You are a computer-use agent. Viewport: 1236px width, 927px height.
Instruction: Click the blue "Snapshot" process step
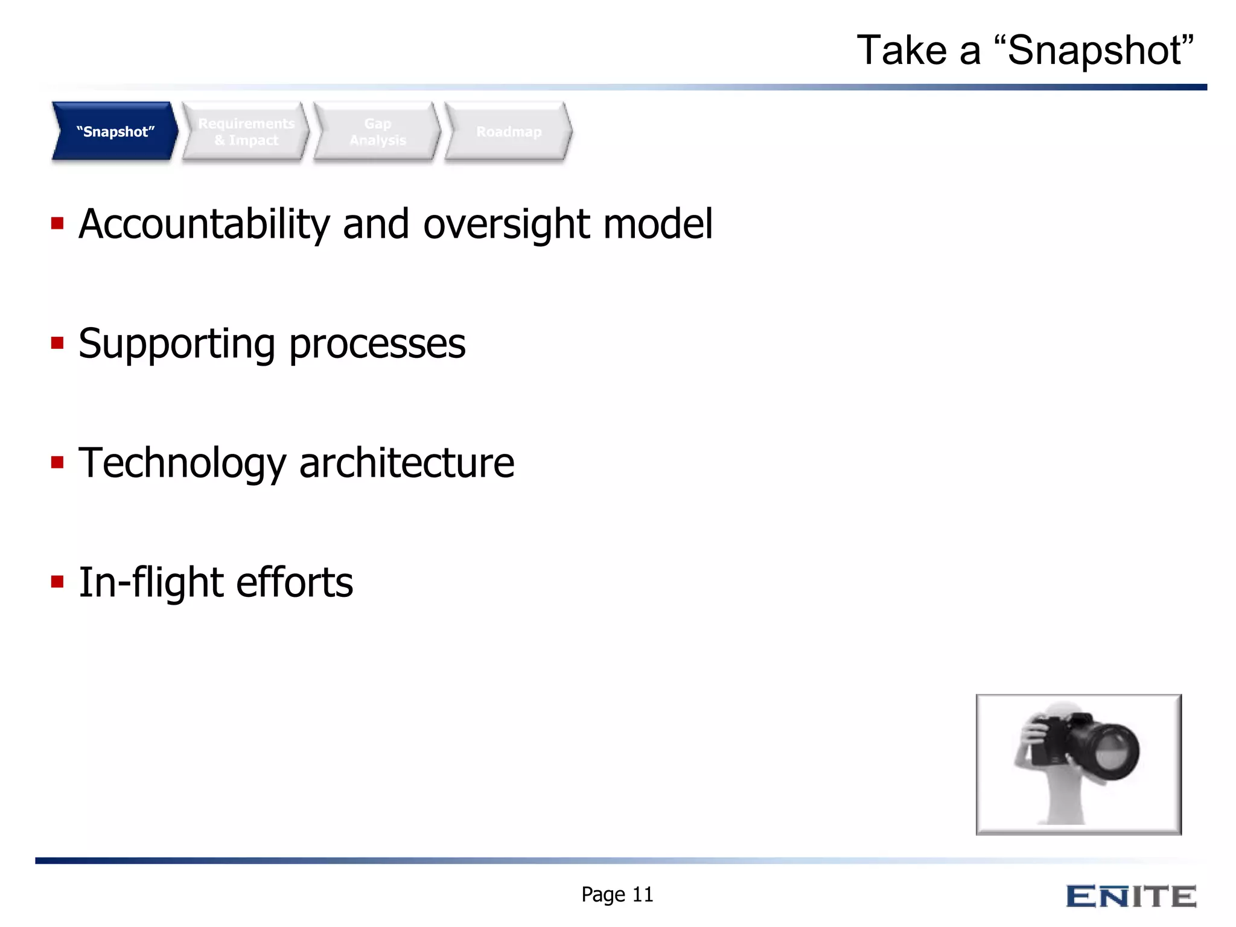tap(115, 132)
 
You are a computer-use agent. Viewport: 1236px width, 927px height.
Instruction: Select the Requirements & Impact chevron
tap(246, 132)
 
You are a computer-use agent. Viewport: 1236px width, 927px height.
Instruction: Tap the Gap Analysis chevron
tap(378, 132)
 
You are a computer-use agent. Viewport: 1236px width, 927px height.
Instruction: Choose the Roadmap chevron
tap(509, 132)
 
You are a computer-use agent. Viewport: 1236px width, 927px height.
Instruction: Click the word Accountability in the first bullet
tap(204, 225)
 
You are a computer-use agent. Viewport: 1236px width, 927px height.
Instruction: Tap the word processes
tap(377, 344)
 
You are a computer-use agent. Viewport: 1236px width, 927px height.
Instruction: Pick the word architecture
tap(407, 463)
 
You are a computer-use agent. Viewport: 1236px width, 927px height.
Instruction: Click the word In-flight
tap(151, 583)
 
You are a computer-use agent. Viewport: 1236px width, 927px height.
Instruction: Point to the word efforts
tap(295, 583)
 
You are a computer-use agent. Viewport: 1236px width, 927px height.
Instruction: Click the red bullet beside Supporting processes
tap(57, 343)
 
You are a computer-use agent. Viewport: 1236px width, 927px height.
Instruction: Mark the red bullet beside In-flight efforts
tap(57, 582)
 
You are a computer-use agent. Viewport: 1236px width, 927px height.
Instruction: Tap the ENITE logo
tap(1130, 896)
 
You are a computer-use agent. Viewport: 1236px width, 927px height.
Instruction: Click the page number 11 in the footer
tap(643, 894)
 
